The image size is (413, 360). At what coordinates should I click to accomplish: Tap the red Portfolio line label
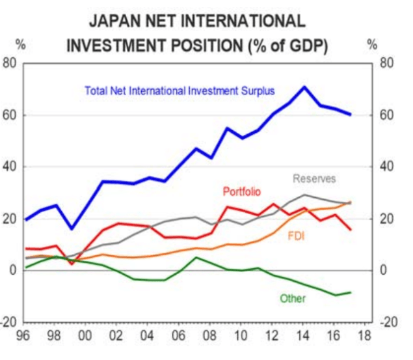coord(241,191)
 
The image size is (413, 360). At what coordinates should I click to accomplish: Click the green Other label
coord(293,298)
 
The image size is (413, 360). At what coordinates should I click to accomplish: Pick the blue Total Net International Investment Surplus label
coord(180,90)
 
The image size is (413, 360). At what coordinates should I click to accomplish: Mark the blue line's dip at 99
coord(72,228)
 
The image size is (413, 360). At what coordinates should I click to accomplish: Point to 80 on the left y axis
coord(10,63)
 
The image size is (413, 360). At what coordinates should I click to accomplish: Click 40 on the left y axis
coord(10,167)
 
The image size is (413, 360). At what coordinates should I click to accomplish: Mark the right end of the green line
coord(351,292)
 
